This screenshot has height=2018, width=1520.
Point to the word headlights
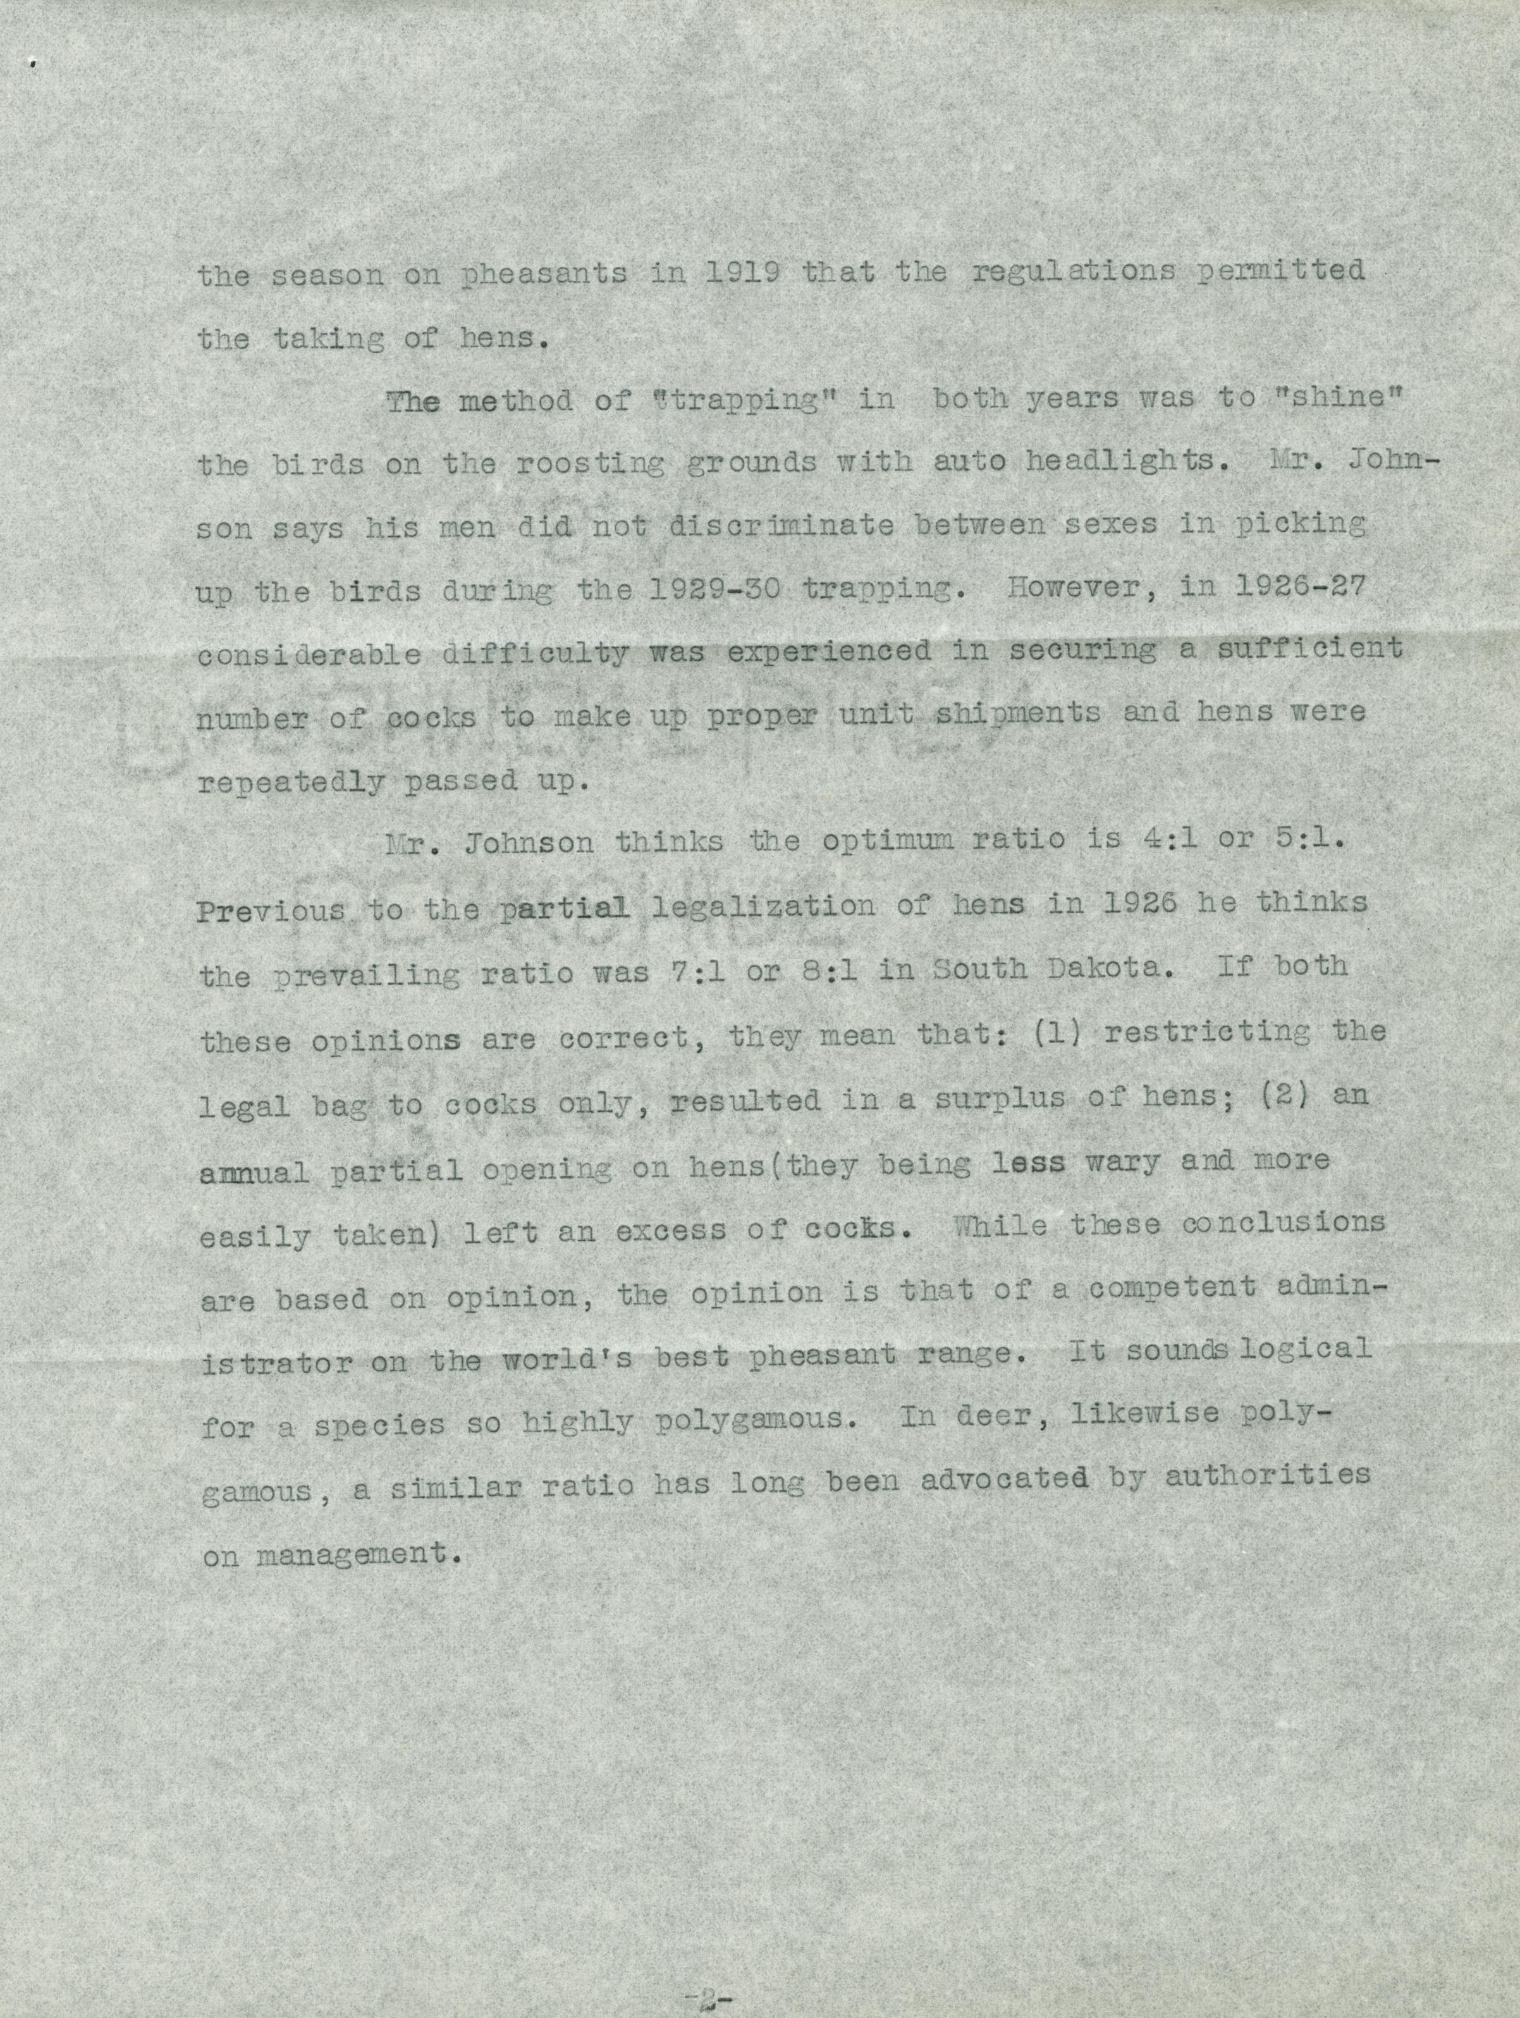coord(1120,462)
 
